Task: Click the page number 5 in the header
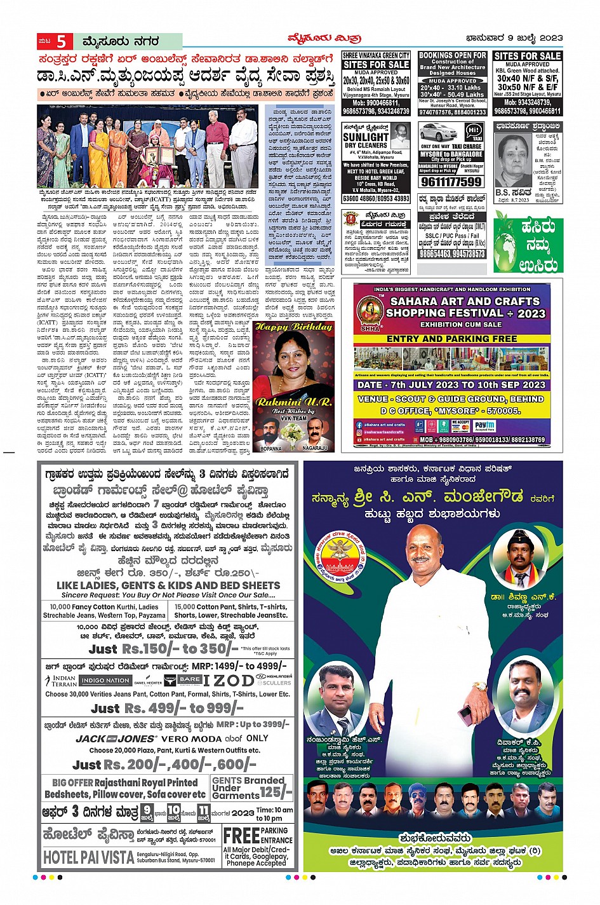tap(62, 42)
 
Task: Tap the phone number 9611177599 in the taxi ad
tap(451, 182)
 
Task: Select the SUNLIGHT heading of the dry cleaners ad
tap(366, 137)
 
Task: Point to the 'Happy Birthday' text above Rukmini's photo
tap(293, 327)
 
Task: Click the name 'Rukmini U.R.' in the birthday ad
tap(293, 402)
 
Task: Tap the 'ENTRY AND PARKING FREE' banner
tap(451, 339)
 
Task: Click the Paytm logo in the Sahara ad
tap(502, 425)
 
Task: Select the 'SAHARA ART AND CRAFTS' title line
tap(465, 301)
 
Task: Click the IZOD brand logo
tap(228, 680)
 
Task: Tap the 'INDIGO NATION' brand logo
tap(105, 681)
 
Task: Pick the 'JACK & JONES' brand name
tap(116, 738)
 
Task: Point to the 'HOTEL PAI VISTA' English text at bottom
tap(88, 857)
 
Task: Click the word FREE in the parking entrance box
tap(241, 835)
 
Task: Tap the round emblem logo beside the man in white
tap(342, 561)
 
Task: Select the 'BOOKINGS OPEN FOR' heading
tap(453, 56)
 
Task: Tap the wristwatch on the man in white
tap(480, 686)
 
